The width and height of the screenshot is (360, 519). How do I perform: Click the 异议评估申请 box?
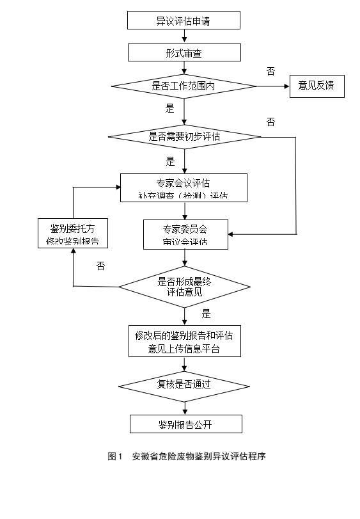pos(184,20)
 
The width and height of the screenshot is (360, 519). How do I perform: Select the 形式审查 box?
pos(184,52)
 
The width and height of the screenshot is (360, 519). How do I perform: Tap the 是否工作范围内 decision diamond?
pos(184,86)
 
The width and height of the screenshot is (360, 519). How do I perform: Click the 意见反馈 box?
pos(317,86)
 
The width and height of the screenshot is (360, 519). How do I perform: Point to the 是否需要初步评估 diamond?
pos(184,136)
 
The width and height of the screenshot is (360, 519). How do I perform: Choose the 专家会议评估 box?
pos(184,188)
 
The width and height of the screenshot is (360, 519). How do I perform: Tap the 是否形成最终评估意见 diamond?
pos(184,286)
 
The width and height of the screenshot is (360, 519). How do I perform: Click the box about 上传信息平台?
pos(184,341)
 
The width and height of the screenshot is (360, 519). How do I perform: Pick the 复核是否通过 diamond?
pos(184,385)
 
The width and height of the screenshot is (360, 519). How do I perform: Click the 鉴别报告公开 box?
pos(186,424)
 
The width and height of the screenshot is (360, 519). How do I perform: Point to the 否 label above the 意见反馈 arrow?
pos(271,70)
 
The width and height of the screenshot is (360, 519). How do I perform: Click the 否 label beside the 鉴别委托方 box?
pos(100,266)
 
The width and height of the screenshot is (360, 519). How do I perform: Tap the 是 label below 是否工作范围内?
pos(170,108)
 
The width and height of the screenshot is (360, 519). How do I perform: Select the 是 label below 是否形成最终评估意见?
pos(206,314)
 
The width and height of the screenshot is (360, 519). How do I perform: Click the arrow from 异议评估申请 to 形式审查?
pos(184,36)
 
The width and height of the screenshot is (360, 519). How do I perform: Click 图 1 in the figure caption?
pos(115,456)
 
